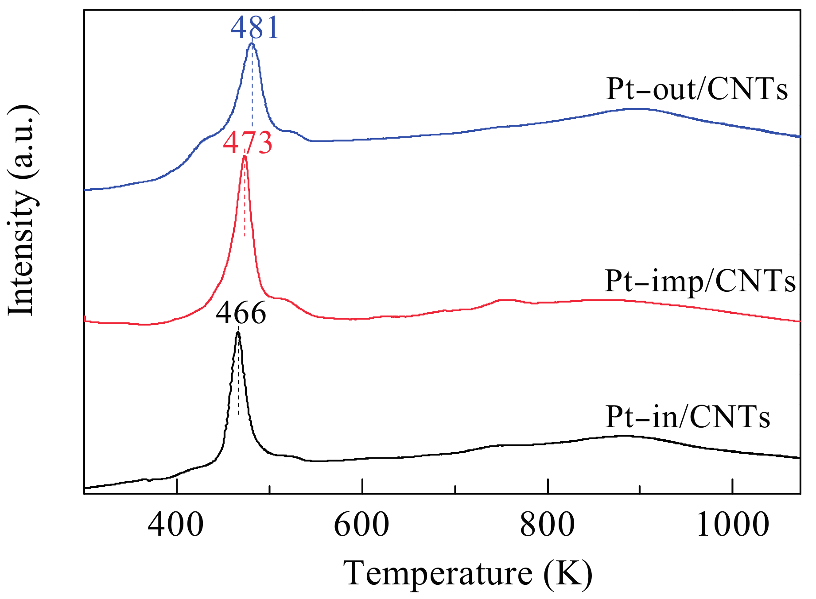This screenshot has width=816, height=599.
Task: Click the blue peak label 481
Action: point(255,27)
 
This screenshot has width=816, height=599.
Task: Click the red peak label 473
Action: point(247,143)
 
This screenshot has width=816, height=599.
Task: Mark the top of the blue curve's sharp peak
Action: point(252,43)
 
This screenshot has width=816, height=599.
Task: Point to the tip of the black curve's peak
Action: point(238,332)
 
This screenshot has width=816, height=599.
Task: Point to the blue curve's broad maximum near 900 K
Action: point(629,108)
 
